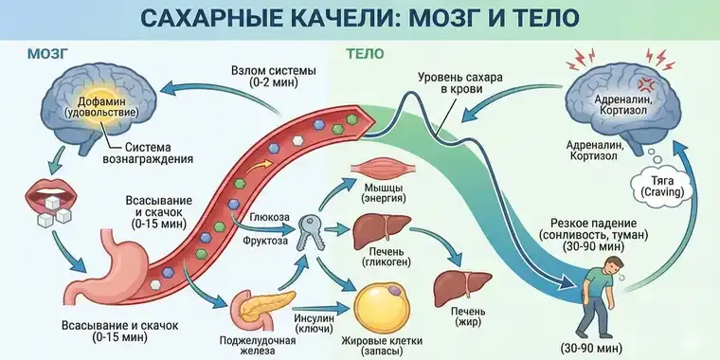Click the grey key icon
(x=312, y=230)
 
